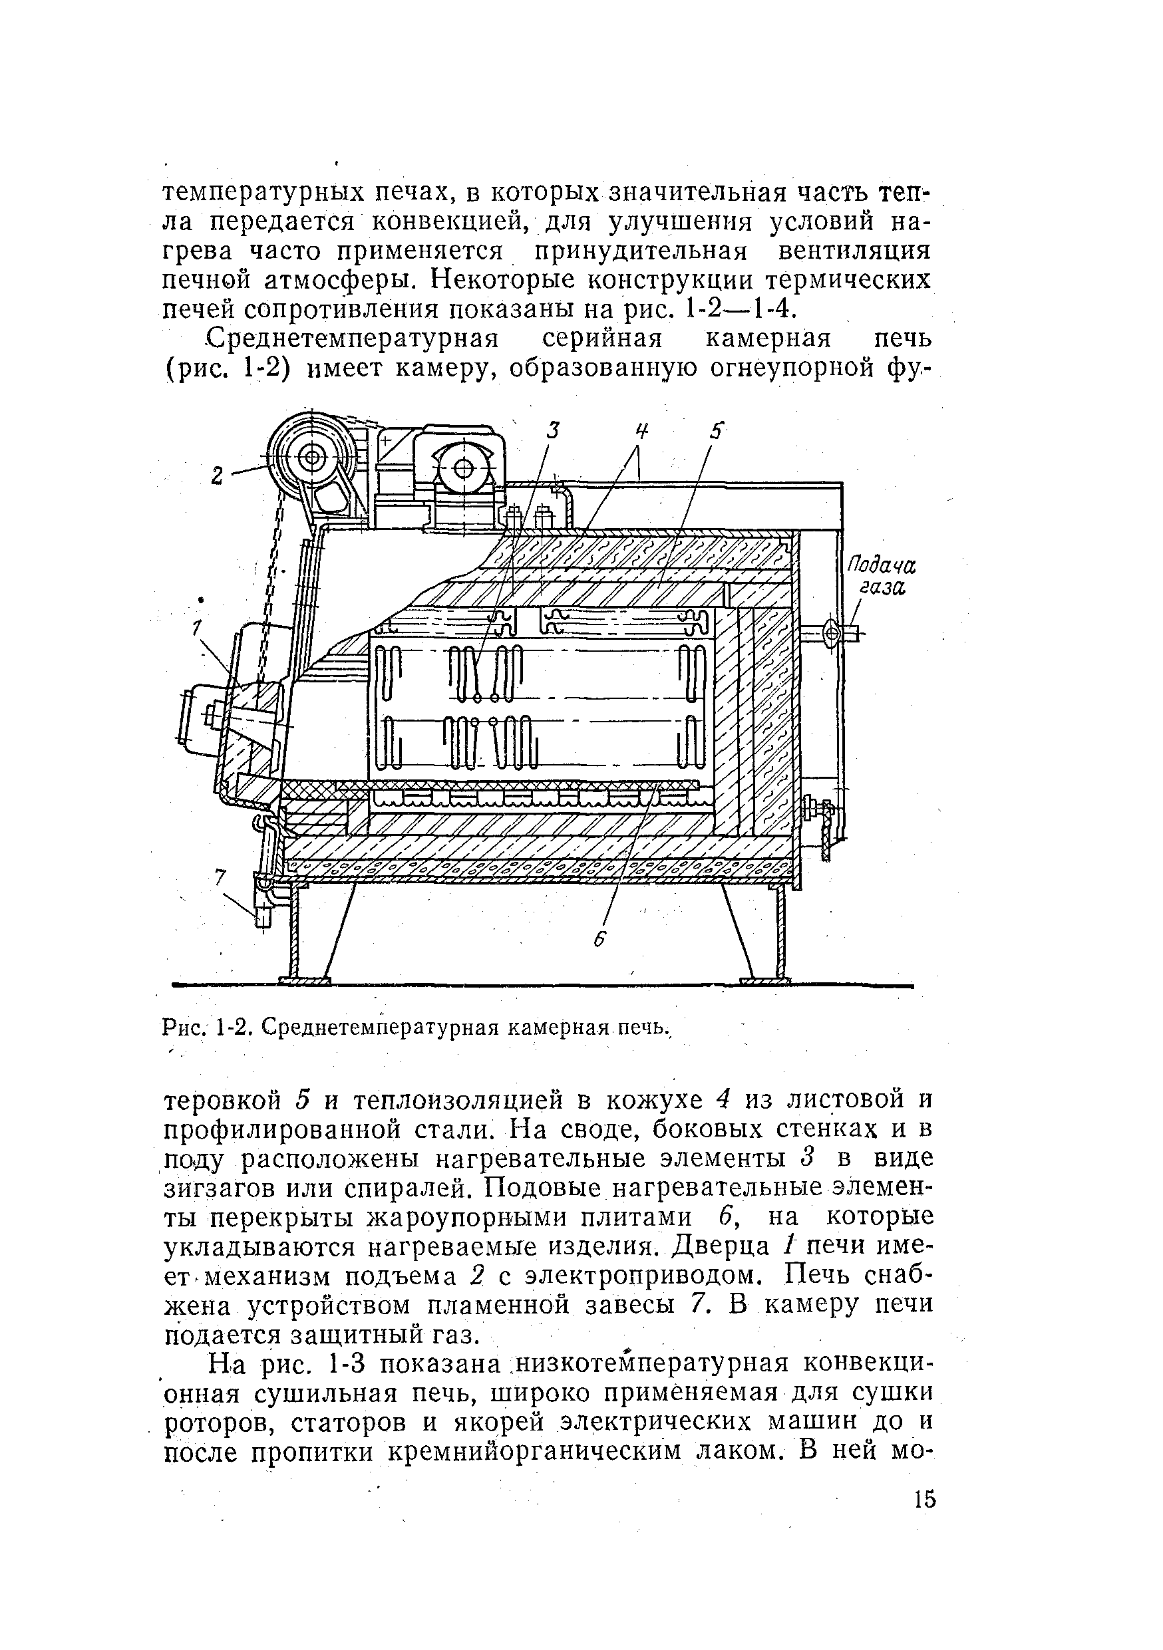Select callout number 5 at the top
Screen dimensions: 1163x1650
716,430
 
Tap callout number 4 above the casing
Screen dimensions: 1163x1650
641,430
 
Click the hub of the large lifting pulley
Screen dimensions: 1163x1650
313,456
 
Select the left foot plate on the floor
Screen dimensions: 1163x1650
305,980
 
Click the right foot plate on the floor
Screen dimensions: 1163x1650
764,980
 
